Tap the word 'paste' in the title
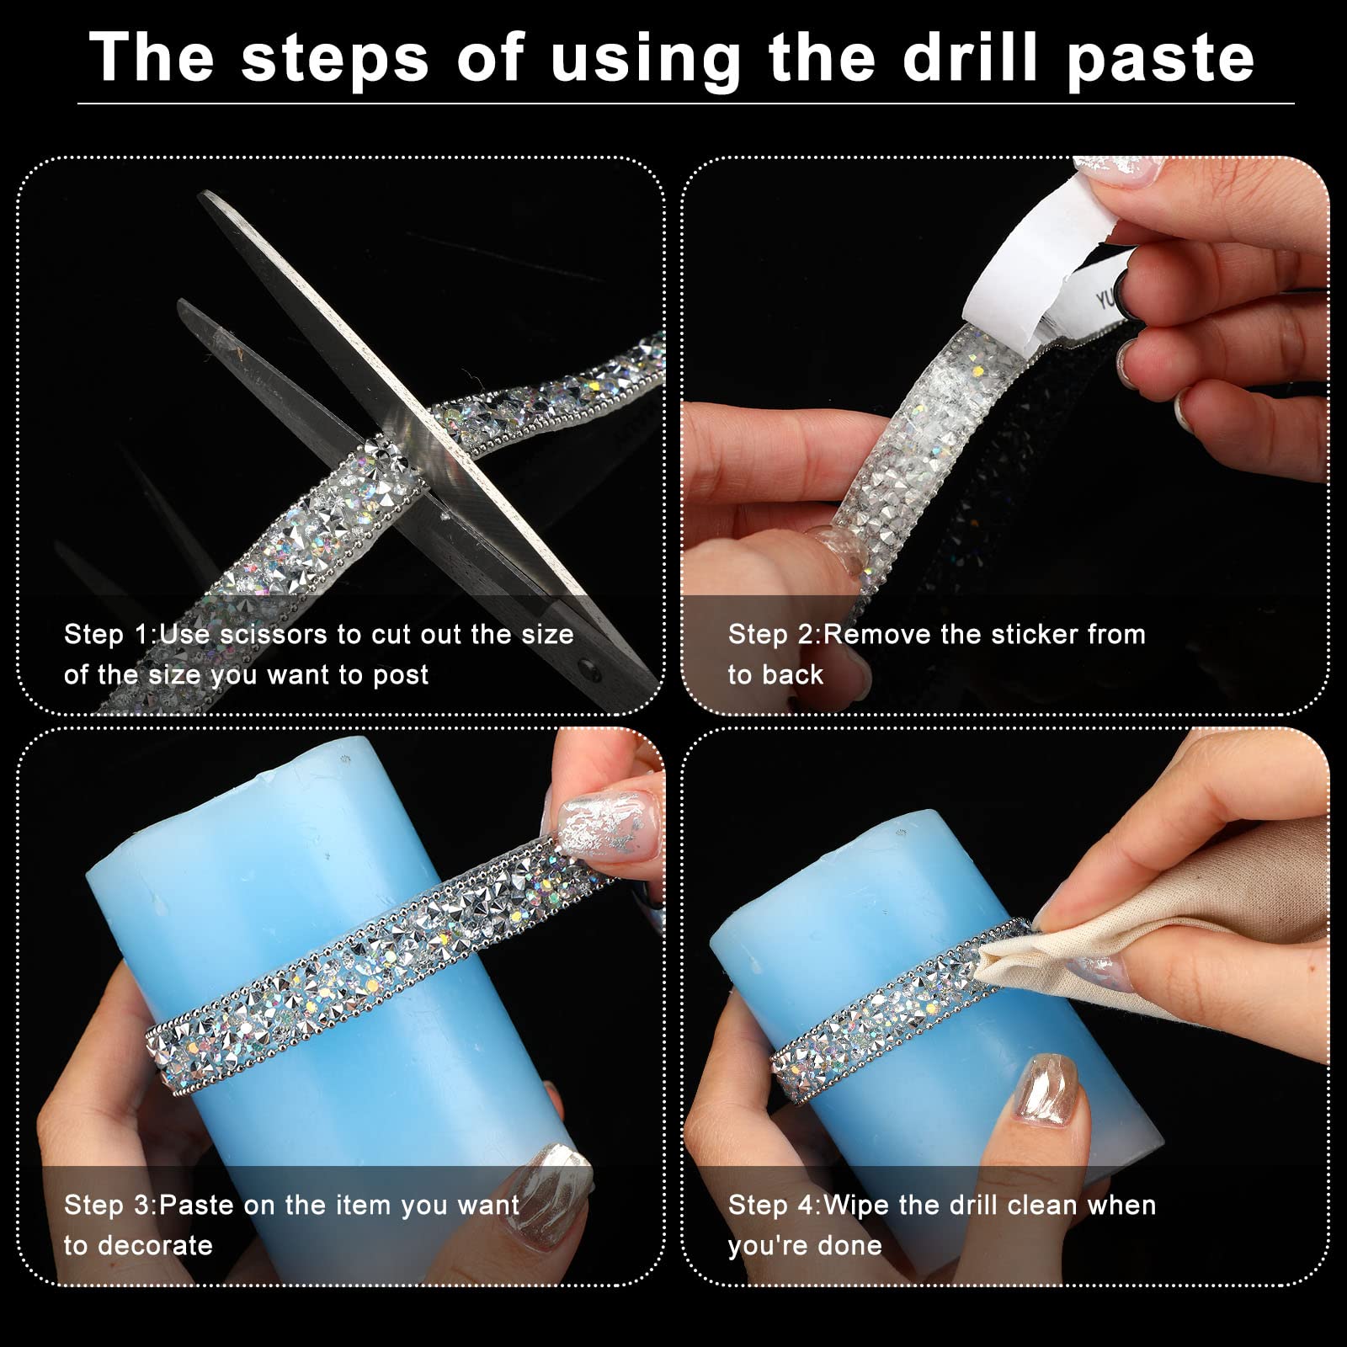point(1160,59)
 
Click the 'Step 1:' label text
point(110,634)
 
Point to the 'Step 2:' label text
point(775,634)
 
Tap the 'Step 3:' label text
point(110,1205)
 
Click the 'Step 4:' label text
point(775,1205)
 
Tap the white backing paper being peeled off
point(1019,269)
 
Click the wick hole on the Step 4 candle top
point(902,833)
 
